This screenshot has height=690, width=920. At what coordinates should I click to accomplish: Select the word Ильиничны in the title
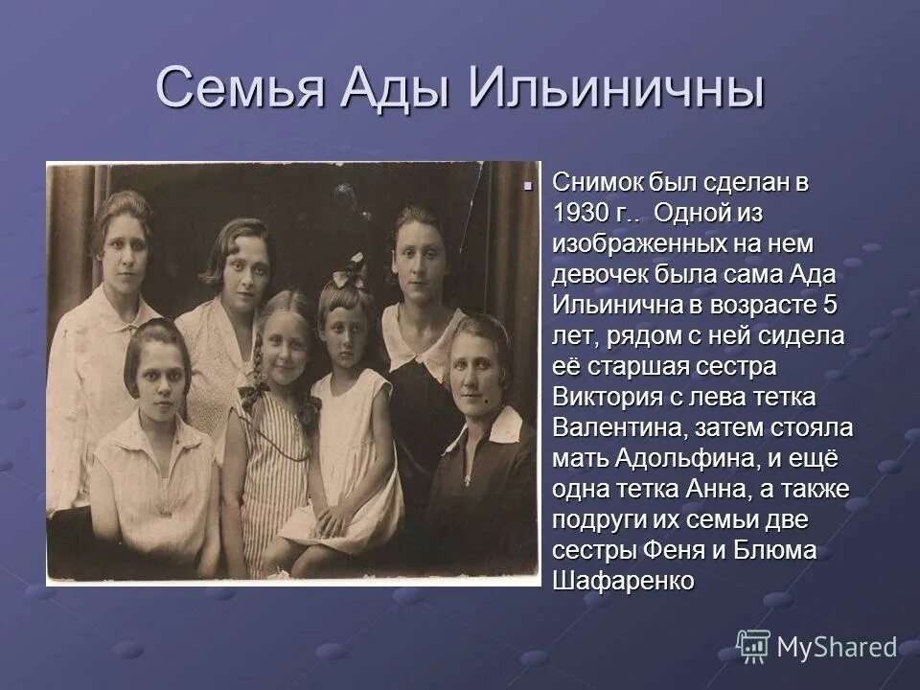tap(618, 88)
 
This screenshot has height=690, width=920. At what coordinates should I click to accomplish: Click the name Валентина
tap(615, 428)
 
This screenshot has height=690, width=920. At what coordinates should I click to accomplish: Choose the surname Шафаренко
tap(623, 582)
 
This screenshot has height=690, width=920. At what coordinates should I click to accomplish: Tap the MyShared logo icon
tap(753, 646)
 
